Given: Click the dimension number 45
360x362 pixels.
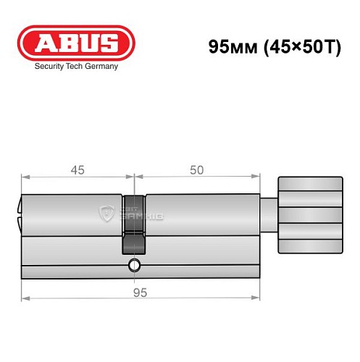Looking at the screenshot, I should point(78,170).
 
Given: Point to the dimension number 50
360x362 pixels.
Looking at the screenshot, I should point(196,170).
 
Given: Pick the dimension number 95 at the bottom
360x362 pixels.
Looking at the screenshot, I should point(139,292).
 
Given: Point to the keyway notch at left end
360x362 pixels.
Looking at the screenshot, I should point(19,210).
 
